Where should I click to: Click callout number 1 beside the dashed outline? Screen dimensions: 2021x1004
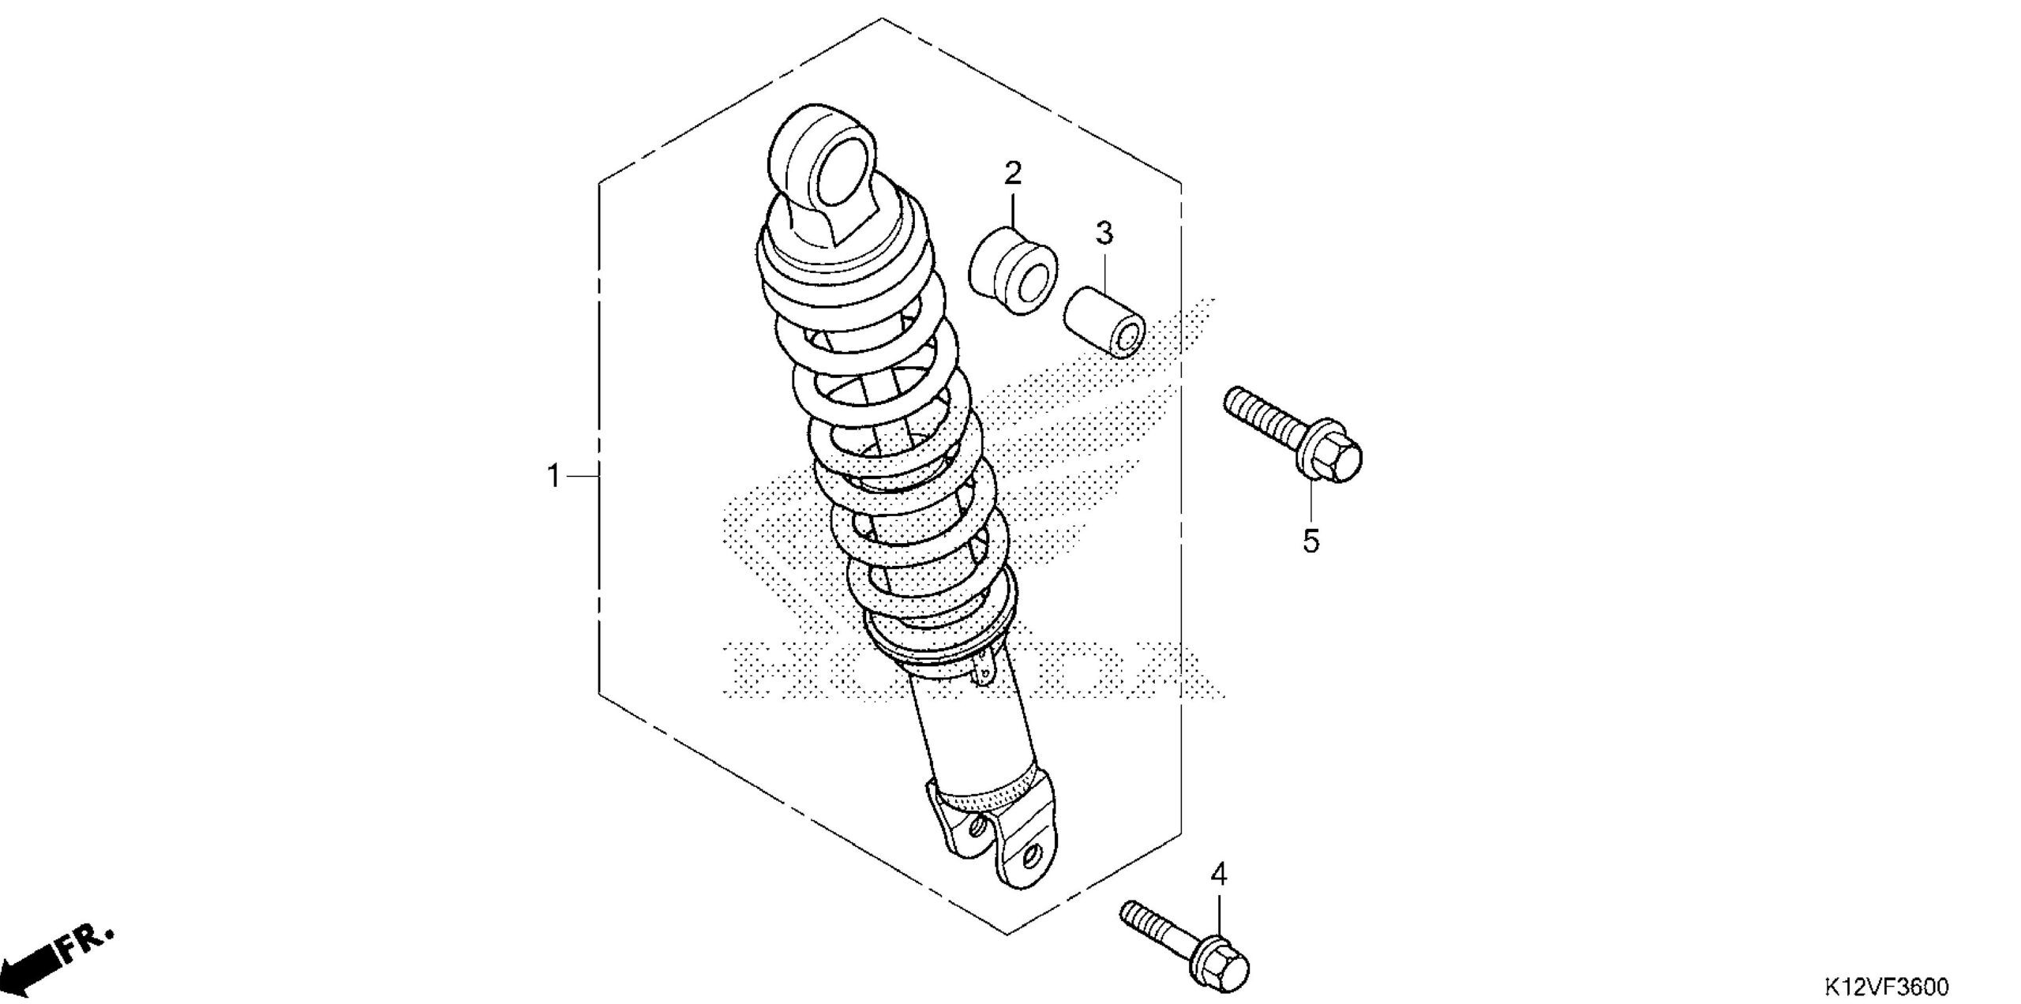point(554,476)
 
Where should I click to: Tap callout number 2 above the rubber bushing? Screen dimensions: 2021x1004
point(1013,173)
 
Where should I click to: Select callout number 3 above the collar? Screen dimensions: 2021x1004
point(1104,233)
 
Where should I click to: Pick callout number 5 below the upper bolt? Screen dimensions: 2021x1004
point(1310,541)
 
